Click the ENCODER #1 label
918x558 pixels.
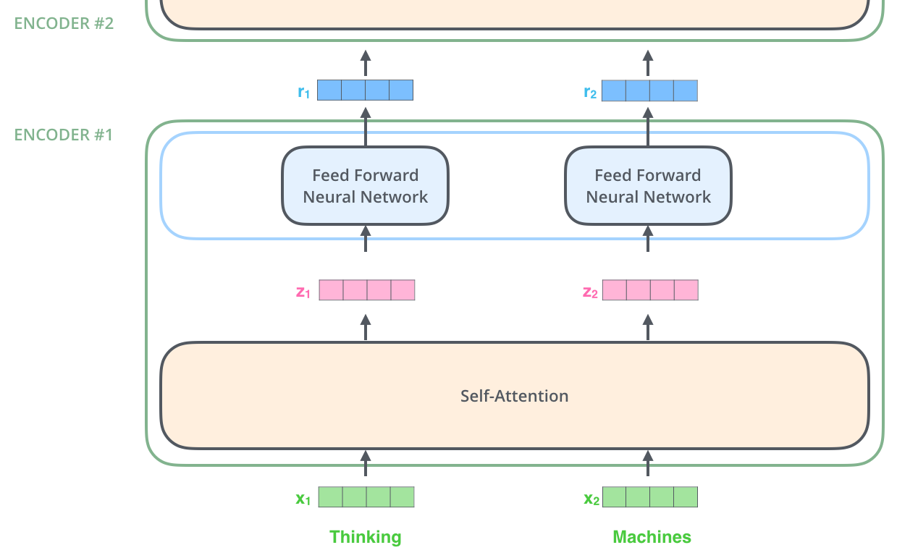(64, 135)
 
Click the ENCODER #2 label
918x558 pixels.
(64, 22)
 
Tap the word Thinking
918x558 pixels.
(365, 537)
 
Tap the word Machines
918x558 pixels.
(652, 537)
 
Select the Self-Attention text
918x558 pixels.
(514, 396)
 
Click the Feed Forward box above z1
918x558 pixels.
(365, 186)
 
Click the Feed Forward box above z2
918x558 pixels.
(648, 186)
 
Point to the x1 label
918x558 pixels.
(303, 498)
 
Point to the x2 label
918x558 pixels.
(591, 498)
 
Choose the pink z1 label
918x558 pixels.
(303, 292)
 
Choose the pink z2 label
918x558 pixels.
(590, 292)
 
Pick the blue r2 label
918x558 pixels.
(590, 92)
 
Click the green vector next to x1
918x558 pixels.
(366, 497)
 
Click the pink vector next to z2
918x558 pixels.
(650, 290)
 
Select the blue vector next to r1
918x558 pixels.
(366, 90)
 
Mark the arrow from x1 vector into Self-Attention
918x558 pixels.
(366, 463)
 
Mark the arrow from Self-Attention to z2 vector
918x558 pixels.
(648, 327)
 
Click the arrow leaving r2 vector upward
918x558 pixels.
(648, 63)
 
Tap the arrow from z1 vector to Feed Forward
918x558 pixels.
(366, 239)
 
